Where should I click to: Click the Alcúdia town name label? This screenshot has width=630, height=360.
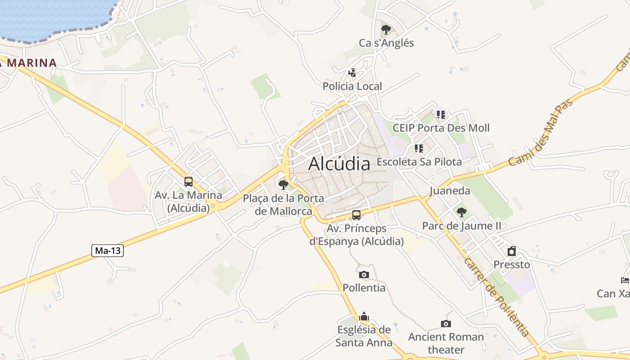click(x=339, y=164)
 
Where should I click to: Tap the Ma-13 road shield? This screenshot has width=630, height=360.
click(x=108, y=251)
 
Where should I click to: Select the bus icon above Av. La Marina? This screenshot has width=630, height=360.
click(x=189, y=182)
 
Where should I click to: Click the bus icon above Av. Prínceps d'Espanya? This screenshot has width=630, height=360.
click(x=356, y=215)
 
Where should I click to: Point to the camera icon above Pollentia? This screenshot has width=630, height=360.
click(x=364, y=274)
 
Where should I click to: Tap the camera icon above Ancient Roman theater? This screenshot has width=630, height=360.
click(x=445, y=324)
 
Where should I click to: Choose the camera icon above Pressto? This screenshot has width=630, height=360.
click(x=512, y=251)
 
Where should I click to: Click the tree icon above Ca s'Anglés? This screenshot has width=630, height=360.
click(x=386, y=30)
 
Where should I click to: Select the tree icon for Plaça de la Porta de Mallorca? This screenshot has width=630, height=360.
click(x=283, y=184)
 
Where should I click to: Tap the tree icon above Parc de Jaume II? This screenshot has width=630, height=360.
click(x=461, y=212)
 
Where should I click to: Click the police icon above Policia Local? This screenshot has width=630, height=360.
click(x=352, y=72)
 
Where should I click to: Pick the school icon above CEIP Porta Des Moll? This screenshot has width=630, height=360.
click(x=441, y=115)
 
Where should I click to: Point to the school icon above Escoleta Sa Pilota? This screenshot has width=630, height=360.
click(x=419, y=148)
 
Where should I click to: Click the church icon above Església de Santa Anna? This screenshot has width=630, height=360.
click(x=364, y=316)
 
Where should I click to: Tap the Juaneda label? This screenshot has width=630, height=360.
click(x=450, y=191)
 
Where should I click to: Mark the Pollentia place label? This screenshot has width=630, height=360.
click(x=364, y=288)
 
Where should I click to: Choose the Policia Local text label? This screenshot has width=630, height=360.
click(x=352, y=86)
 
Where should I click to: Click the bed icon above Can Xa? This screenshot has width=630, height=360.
click(x=625, y=280)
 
